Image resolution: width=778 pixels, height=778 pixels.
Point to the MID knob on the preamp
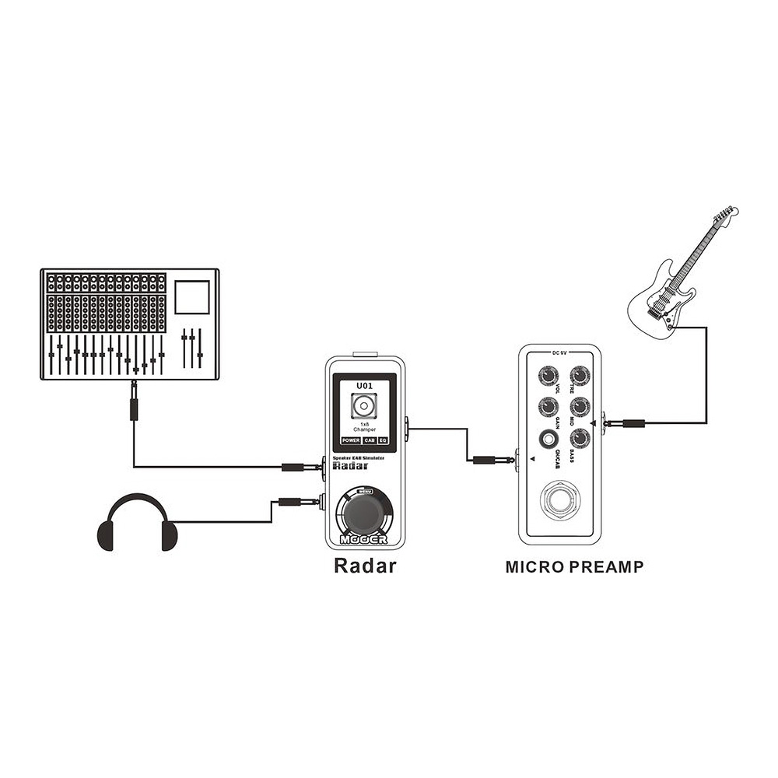pyautogui.click(x=580, y=406)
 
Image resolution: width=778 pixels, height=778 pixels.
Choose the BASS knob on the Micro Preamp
pyautogui.click(x=580, y=437)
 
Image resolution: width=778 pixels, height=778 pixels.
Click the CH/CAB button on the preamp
pyautogui.click(x=550, y=440)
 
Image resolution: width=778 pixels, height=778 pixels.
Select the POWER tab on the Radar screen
pyautogui.click(x=350, y=440)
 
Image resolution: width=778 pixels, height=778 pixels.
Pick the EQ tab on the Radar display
pyautogui.click(x=383, y=440)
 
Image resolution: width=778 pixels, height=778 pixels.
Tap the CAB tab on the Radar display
pyautogui.click(x=369, y=440)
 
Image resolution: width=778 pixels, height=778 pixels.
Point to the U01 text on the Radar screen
pyautogui.click(x=364, y=384)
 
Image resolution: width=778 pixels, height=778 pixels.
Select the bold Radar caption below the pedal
pyautogui.click(x=364, y=566)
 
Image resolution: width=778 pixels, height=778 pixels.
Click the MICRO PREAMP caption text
pyautogui.click(x=574, y=567)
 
